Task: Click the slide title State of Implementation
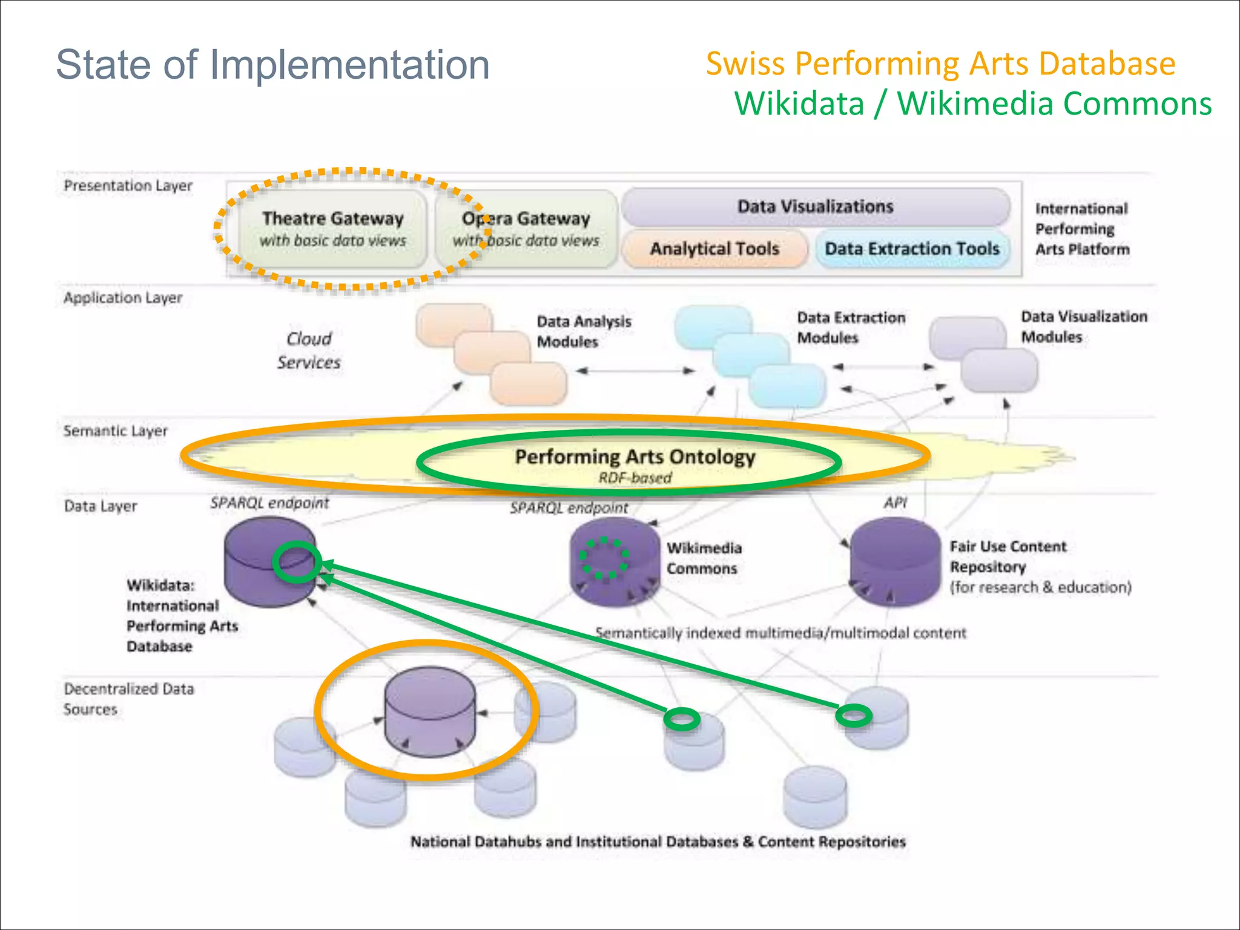[272, 64]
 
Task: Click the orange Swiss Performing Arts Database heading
[940, 64]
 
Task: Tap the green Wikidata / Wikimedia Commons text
[972, 104]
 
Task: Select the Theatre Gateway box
[332, 228]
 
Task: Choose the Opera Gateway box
[526, 228]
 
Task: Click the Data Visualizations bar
[815, 206]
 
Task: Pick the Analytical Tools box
[714, 249]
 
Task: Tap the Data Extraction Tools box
[912, 249]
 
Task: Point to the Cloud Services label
[309, 351]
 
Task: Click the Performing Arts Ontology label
[635, 457]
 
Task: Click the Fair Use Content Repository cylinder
[895, 563]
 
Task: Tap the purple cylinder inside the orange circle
[430, 712]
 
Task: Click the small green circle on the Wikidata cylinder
[296, 562]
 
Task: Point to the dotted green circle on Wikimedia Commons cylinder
[604, 557]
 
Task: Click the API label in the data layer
[895, 502]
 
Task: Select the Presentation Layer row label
[128, 185]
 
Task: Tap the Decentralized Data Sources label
[128, 699]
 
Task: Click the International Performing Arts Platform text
[1082, 229]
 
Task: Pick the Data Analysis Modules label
[583, 331]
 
